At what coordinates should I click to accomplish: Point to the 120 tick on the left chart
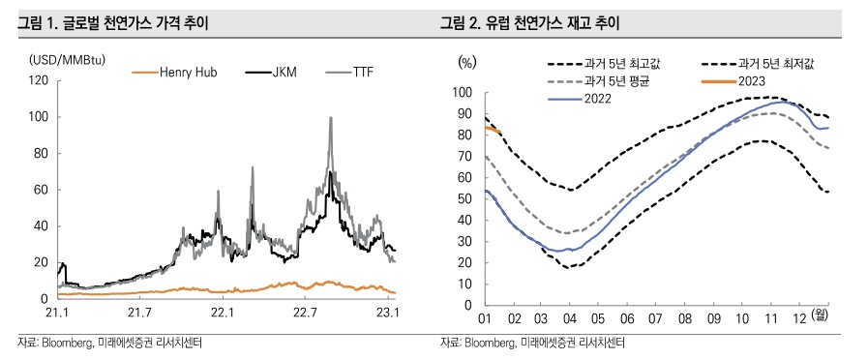[39, 80]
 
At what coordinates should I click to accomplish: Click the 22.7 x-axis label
[306, 313]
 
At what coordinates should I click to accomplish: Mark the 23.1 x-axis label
[388, 313]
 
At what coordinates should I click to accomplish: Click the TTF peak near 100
[331, 118]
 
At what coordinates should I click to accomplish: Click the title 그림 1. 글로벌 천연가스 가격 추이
[117, 21]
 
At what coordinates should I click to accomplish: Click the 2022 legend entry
[598, 98]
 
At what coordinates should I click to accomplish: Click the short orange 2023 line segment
[492, 129]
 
